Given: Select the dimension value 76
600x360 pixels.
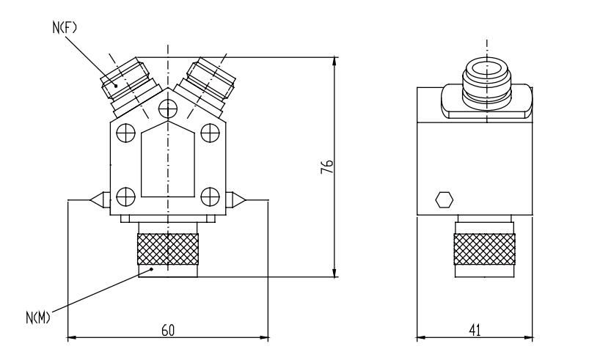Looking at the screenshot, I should [329, 166].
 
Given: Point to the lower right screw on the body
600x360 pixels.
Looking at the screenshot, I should [211, 196].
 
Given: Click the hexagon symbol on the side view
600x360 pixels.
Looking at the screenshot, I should [444, 199].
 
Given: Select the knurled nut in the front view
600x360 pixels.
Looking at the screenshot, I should [168, 249].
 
